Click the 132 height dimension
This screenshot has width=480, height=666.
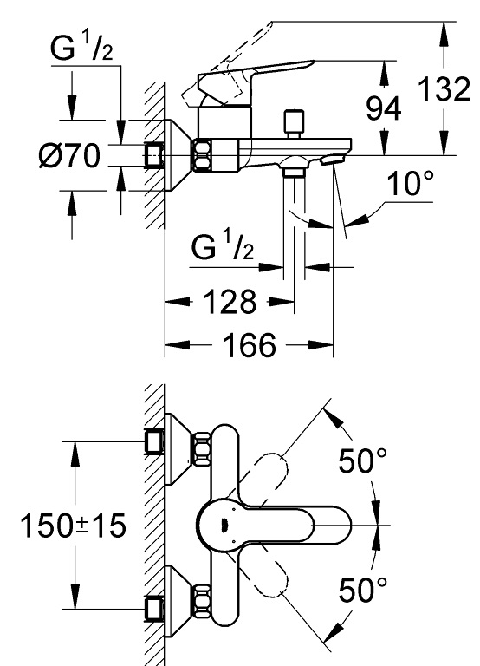pos(444,88)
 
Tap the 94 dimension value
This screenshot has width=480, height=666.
pos(383,108)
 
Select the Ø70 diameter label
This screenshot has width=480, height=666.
pos(69,155)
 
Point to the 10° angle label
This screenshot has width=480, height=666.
pos(410,183)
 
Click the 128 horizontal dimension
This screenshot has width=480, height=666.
pos(230,302)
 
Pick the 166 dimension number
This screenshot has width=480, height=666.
pos(249,344)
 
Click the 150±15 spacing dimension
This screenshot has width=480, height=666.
pos(73,526)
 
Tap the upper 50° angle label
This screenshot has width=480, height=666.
pos(363,460)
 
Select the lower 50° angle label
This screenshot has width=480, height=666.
pos(363,589)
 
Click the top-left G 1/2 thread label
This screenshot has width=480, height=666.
pos(81,48)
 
